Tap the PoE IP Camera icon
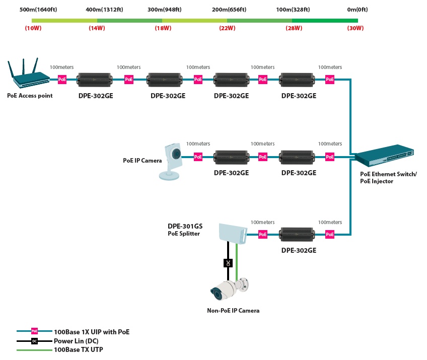[171, 161]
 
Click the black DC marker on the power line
[228, 263]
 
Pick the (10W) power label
[33, 28]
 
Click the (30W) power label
[355, 28]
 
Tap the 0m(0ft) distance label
[357, 10]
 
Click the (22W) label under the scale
[227, 28]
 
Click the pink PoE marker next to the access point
[62, 80]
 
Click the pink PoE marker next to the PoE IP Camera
[198, 157]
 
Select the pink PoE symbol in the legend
[34, 331]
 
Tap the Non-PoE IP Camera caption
[233, 311]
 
